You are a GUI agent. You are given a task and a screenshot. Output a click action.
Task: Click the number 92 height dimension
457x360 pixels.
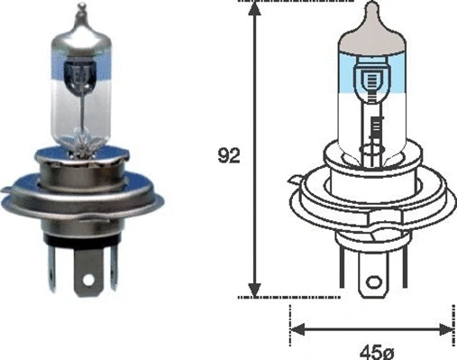230,155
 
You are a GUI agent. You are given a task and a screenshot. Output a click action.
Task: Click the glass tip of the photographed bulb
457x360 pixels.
79,13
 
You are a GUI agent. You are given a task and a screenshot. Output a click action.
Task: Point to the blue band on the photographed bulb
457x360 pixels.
80,69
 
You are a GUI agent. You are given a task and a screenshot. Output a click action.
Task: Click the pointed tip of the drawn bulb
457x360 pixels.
371,8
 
